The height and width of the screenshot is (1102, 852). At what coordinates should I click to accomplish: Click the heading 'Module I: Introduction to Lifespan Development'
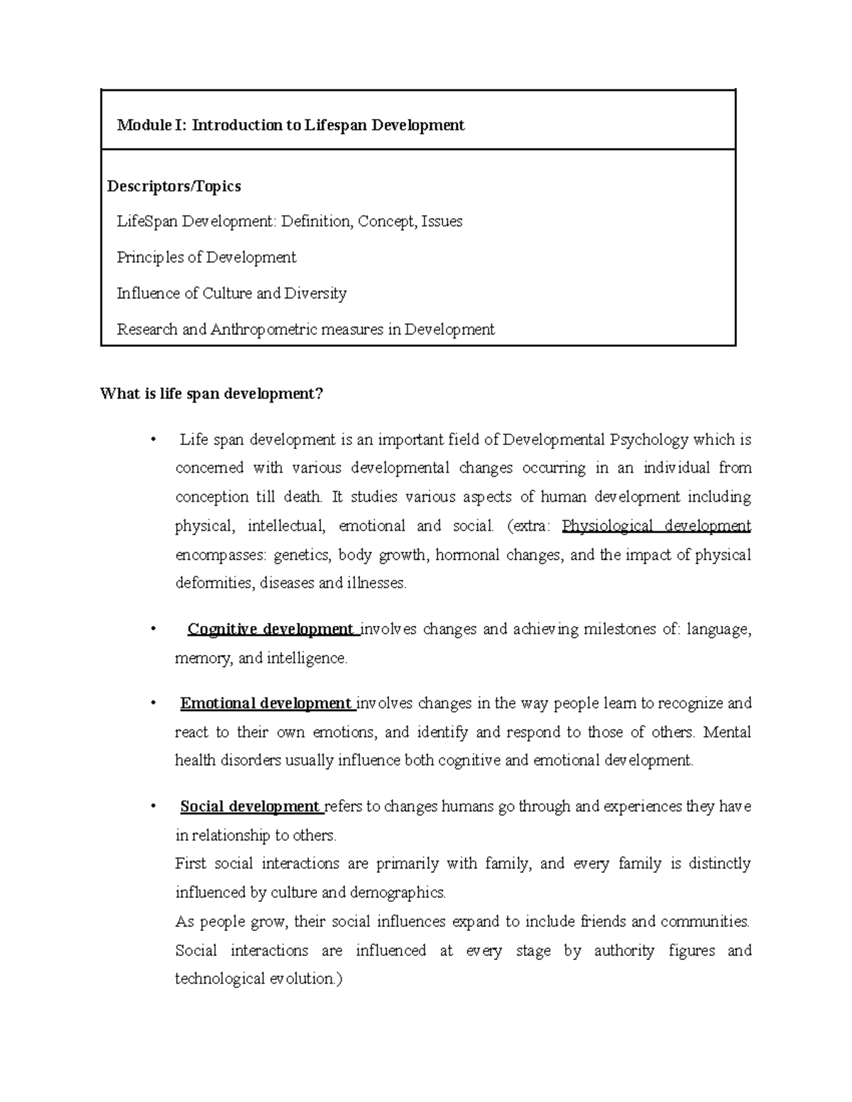coord(290,126)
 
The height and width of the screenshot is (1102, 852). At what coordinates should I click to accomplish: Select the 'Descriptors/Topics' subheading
coord(174,187)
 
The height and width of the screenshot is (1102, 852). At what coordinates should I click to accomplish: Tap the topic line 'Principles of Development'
coord(206,258)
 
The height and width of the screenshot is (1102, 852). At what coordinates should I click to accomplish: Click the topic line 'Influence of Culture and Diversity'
coord(231,294)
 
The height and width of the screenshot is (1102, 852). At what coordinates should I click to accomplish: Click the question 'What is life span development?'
coord(212,394)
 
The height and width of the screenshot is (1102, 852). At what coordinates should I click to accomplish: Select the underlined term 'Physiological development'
coord(655,527)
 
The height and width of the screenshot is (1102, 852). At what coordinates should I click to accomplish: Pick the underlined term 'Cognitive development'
coord(270,629)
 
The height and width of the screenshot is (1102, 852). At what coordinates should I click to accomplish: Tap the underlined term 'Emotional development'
coord(266,704)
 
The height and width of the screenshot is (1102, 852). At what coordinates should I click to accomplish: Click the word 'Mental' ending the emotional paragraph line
coord(727,732)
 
